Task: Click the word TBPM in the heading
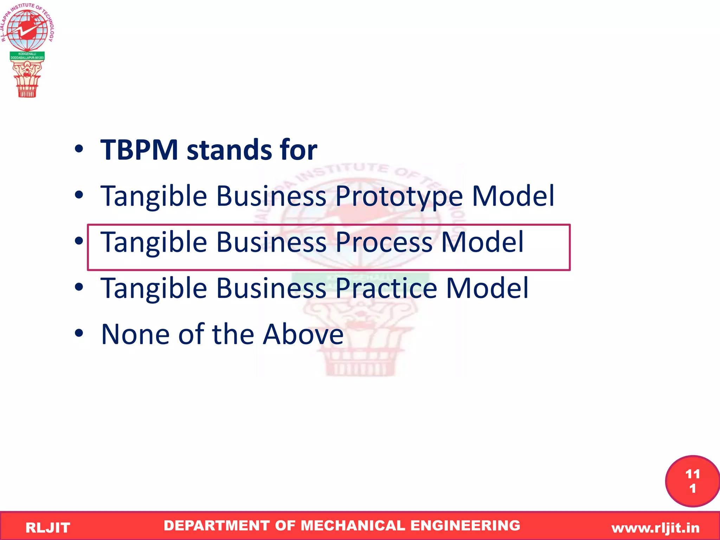pos(139,150)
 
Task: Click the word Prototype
pos(399,196)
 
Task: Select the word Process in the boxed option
pos(384,242)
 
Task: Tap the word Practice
pos(386,288)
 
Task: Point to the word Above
pos(303,334)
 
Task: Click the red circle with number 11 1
pos(692,481)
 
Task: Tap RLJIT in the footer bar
pos(48,528)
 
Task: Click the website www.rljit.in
pos(655,528)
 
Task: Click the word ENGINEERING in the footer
pos(465,526)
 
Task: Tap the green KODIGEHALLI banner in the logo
pos(27,56)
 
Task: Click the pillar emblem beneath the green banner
pos(27,79)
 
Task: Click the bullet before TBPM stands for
pos(79,149)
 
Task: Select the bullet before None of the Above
pos(79,333)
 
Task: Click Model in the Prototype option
pos(513,196)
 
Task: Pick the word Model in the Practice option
pos(487,288)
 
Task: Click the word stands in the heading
pos(229,150)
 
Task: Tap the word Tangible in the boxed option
pos(154,243)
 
